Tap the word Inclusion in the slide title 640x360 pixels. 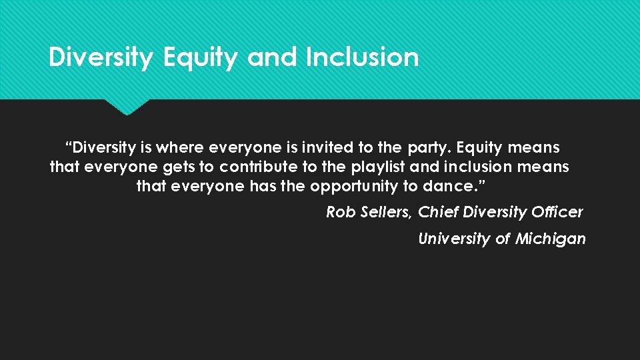click(x=362, y=57)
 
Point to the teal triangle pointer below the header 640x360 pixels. click(x=127, y=107)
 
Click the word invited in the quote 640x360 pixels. click(x=327, y=147)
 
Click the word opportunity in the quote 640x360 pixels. click(x=355, y=187)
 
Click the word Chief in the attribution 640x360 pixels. click(x=438, y=212)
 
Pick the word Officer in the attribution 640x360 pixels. click(x=557, y=212)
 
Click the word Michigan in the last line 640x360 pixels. click(x=551, y=239)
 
